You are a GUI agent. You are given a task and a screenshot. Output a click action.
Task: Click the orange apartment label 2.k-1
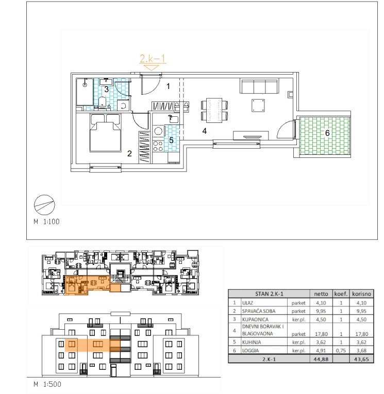pyautogui.click(x=153, y=59)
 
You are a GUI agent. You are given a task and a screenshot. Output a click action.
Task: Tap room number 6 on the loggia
pyautogui.click(x=327, y=133)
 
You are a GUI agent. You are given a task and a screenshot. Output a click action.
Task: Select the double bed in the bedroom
pyautogui.click(x=106, y=133)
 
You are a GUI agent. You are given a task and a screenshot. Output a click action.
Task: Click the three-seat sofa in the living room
pyautogui.click(x=259, y=86)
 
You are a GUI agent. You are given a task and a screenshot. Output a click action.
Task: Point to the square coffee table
pyautogui.click(x=258, y=105)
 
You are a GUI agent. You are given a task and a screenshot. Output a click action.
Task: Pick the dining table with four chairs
pyautogui.click(x=214, y=110)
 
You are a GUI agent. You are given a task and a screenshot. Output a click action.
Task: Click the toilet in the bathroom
pyautogui.click(x=102, y=102)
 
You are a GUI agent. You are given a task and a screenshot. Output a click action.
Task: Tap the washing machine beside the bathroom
pyautogui.click(x=123, y=105)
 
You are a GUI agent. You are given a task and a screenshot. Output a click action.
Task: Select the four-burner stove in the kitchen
pyautogui.click(x=158, y=146)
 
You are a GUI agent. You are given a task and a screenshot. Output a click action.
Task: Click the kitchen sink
pyautogui.click(x=174, y=119)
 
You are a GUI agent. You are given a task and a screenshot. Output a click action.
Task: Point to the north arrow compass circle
pyautogui.click(x=44, y=205)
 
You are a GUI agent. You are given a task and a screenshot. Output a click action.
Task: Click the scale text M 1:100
pyautogui.click(x=46, y=222)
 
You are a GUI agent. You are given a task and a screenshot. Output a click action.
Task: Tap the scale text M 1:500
pyautogui.click(x=47, y=384)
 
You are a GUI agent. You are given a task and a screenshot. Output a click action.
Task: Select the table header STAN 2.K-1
pyautogui.click(x=269, y=294)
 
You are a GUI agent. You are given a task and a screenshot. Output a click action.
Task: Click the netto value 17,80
pyautogui.click(x=321, y=334)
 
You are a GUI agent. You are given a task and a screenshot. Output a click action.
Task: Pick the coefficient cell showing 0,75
pyautogui.click(x=341, y=350)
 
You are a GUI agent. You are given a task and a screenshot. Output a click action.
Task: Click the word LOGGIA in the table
pyautogui.click(x=251, y=350)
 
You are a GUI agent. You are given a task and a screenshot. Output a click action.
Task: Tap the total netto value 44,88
pyautogui.click(x=321, y=359)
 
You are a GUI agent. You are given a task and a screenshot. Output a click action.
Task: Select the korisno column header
pyautogui.click(x=362, y=294)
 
